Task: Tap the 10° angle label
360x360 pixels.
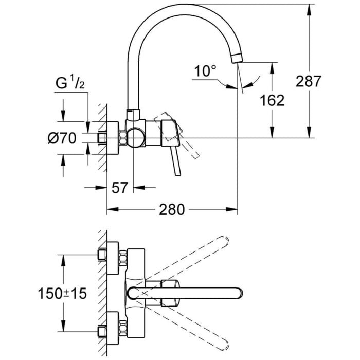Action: pos(206,71)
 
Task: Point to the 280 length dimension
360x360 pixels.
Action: pos(171,209)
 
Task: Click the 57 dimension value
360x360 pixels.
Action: pos(119,187)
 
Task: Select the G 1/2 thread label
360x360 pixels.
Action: pos(67,82)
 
